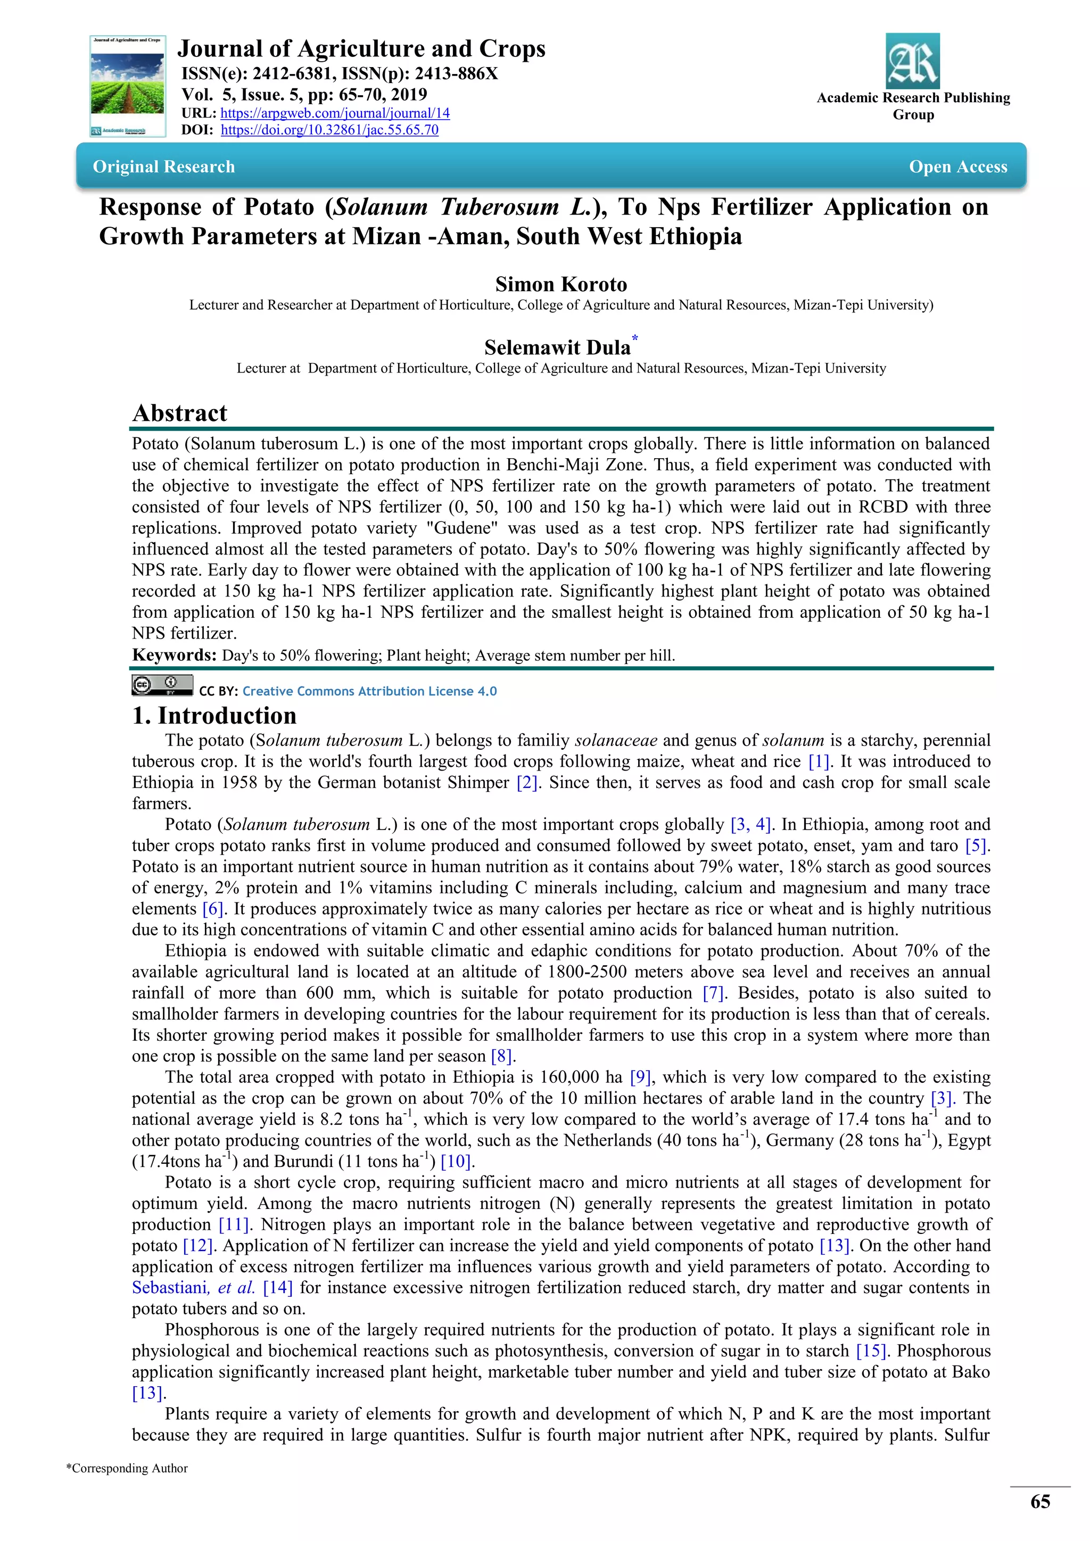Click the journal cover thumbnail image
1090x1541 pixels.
(x=128, y=86)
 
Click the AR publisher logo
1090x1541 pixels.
(x=912, y=61)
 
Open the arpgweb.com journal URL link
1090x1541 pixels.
(x=335, y=113)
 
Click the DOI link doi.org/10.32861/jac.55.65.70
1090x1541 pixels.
(x=329, y=130)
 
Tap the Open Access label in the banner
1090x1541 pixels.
(x=958, y=167)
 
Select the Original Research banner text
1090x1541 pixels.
(x=164, y=167)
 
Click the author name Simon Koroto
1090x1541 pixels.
(x=560, y=284)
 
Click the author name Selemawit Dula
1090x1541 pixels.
(x=557, y=347)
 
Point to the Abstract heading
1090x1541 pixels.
(x=180, y=413)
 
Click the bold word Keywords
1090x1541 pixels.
(x=174, y=655)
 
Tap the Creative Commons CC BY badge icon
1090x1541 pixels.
(x=162, y=685)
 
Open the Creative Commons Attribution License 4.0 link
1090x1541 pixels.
(x=369, y=691)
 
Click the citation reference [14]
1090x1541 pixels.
(x=277, y=1287)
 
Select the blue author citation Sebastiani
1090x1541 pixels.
(x=170, y=1287)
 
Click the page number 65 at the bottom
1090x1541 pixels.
(x=1039, y=1502)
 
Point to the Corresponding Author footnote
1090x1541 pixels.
(x=127, y=1468)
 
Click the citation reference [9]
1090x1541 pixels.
(x=640, y=1076)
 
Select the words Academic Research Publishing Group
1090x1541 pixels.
(x=913, y=106)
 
